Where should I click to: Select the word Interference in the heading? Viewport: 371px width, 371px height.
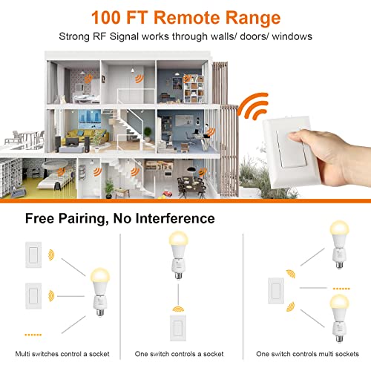tap(175, 218)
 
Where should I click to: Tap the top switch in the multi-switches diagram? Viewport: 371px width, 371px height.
tap(34, 254)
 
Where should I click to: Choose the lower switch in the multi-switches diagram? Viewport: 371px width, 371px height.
tap(34, 297)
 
